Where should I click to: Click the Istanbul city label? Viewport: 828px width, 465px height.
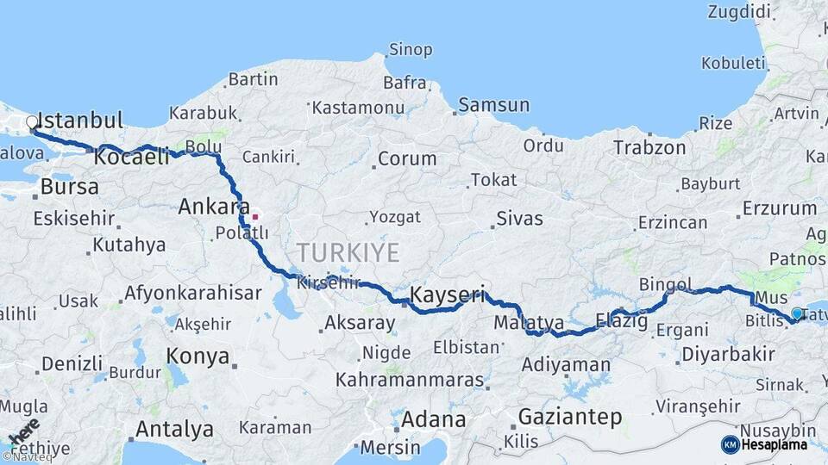(x=81, y=120)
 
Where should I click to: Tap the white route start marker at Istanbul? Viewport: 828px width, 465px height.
(x=33, y=122)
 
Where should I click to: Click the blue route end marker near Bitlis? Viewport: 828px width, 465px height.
(x=797, y=314)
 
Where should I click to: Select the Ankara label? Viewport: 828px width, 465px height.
(x=209, y=207)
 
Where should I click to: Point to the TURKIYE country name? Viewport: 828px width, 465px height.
(x=348, y=253)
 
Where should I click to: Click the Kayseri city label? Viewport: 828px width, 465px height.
(x=447, y=294)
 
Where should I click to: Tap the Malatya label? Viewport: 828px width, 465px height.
(x=529, y=325)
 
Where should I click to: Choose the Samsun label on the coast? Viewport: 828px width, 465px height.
(x=494, y=105)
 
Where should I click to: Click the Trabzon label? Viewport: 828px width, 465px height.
(x=649, y=147)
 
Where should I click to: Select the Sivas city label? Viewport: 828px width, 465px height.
(x=521, y=218)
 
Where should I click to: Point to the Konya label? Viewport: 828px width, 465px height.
(x=198, y=356)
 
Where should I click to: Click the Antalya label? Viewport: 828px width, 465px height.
(x=174, y=429)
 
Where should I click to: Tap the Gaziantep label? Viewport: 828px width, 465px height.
(x=569, y=418)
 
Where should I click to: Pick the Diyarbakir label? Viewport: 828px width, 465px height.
(x=728, y=354)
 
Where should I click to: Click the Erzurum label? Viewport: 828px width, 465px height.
(x=779, y=208)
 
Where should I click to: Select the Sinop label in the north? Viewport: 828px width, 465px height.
(x=411, y=50)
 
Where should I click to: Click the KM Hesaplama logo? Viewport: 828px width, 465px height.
(x=764, y=444)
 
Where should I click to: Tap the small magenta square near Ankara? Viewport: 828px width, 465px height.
(x=254, y=215)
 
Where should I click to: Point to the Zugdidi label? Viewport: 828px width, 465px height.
(x=738, y=12)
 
